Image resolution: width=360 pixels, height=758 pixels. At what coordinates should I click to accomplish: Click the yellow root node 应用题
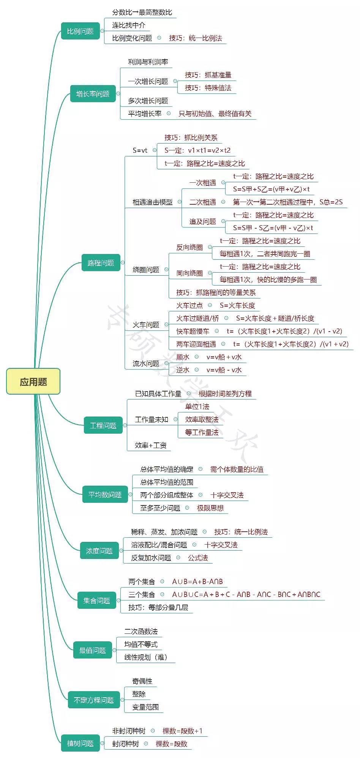(33, 381)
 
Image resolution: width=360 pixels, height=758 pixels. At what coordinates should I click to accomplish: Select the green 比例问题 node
(80, 31)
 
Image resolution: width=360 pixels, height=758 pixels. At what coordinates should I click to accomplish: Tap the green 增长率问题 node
(93, 94)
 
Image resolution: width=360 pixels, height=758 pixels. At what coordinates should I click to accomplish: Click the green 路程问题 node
(101, 263)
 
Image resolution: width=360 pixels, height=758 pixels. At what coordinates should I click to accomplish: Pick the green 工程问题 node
(103, 425)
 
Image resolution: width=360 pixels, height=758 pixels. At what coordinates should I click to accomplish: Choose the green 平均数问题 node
(105, 494)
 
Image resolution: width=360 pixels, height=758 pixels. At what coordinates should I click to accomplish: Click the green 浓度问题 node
(99, 551)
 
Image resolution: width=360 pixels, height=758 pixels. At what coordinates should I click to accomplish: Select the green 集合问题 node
(96, 600)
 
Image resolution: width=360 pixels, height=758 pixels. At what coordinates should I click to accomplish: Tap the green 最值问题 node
(92, 650)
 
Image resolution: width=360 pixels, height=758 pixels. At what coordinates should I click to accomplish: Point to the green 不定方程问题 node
(94, 700)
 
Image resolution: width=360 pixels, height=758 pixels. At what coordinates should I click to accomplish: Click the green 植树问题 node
(80, 743)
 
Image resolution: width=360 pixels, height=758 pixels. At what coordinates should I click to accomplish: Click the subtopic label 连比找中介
(128, 25)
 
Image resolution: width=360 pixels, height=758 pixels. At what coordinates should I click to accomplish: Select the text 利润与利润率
(148, 62)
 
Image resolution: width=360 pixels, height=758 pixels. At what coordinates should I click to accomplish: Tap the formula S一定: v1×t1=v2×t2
(197, 150)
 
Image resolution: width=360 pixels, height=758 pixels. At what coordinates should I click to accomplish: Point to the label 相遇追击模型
(152, 202)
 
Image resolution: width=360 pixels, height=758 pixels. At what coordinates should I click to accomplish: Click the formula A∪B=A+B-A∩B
(197, 582)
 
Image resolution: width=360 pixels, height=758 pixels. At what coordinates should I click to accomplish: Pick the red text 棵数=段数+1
(183, 731)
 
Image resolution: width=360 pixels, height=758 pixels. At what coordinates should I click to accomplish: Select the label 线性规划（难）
(146, 657)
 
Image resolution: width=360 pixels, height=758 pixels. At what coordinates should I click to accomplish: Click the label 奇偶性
(142, 681)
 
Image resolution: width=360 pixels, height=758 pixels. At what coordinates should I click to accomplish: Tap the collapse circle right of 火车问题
(166, 325)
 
